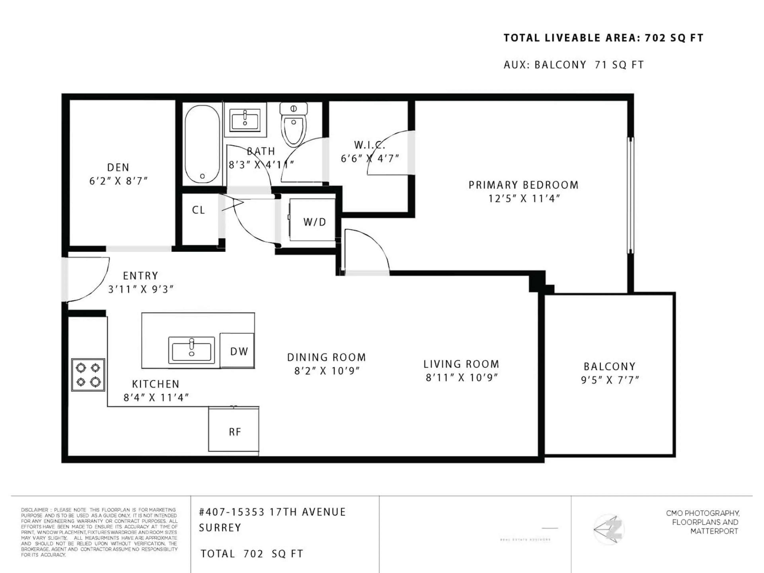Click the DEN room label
(118, 168)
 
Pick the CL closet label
(198, 210)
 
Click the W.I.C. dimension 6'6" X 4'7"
(370, 159)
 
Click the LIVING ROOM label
(461, 364)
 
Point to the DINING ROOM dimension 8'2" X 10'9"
(327, 371)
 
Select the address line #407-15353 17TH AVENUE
(272, 512)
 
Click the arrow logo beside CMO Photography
(609, 529)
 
